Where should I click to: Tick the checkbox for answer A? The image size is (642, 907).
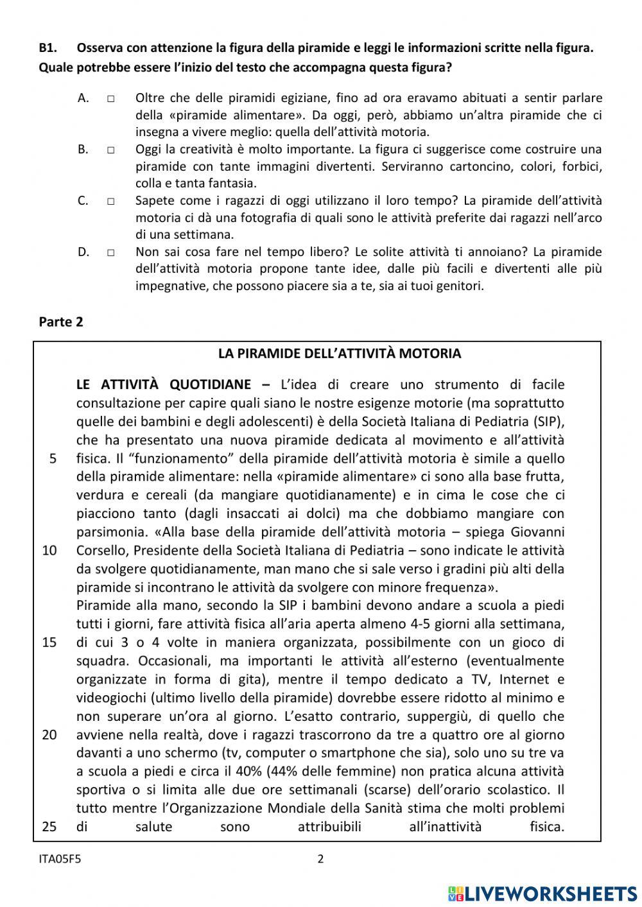111,99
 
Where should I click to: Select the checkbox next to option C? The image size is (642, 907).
111,201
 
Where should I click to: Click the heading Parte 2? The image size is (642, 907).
61,322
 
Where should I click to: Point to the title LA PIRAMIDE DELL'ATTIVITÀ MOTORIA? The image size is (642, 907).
339,354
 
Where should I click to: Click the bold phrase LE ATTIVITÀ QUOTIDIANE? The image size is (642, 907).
164,385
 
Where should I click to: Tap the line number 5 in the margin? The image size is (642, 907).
53,458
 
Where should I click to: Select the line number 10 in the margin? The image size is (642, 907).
49,550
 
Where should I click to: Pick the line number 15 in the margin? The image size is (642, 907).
49,643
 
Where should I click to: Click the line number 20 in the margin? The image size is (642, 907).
49,735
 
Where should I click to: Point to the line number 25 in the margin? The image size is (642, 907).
49,827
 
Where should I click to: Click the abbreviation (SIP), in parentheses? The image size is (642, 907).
549,422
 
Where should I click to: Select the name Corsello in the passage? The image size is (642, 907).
103,551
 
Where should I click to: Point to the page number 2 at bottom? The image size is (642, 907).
321,859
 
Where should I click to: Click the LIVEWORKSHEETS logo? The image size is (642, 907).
542,893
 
